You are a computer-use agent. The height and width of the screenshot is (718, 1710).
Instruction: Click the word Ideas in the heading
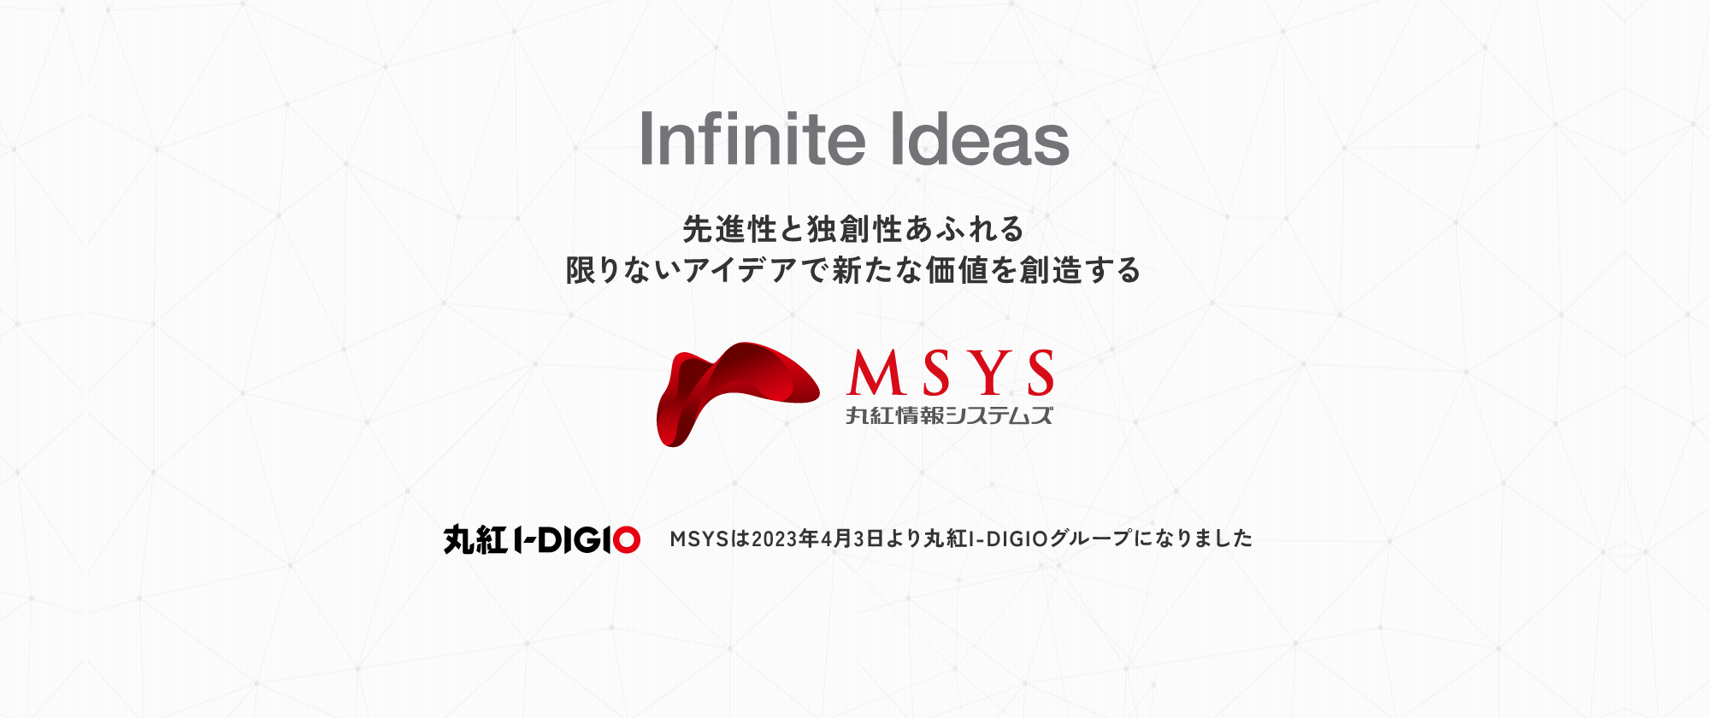980,139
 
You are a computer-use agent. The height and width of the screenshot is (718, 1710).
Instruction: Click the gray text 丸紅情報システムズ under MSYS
950,415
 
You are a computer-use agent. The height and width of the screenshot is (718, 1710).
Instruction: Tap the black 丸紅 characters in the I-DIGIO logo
475,539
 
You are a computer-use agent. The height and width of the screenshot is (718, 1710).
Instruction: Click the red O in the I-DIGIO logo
627,539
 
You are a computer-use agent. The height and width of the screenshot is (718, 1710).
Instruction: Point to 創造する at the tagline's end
1081,271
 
